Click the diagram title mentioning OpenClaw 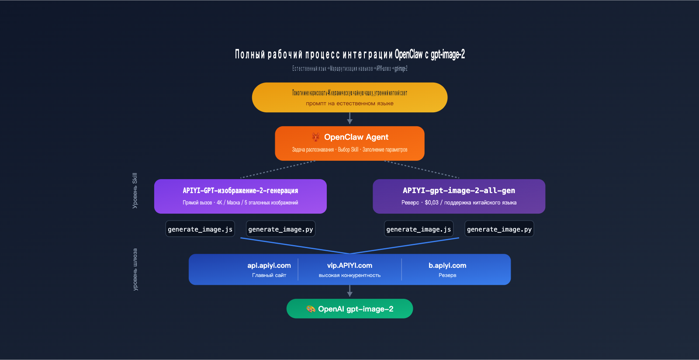[349, 54]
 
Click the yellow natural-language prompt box [349, 97]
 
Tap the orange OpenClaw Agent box [349, 143]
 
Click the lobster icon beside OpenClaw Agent [315, 137]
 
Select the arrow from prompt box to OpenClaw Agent [349, 118]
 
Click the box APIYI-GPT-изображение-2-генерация [240, 196]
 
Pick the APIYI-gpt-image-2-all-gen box [459, 196]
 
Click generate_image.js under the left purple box [200, 229]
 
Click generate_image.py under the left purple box [280, 229]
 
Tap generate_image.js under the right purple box [419, 229]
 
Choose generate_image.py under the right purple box [499, 229]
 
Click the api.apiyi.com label [269, 266]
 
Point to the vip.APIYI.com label [349, 266]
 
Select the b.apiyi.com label [447, 266]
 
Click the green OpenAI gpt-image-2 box [349, 309]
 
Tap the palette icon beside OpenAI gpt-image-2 [311, 309]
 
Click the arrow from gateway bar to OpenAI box [349, 291]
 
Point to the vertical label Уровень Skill [135, 190]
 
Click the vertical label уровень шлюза [135, 270]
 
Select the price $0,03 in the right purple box [431, 203]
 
